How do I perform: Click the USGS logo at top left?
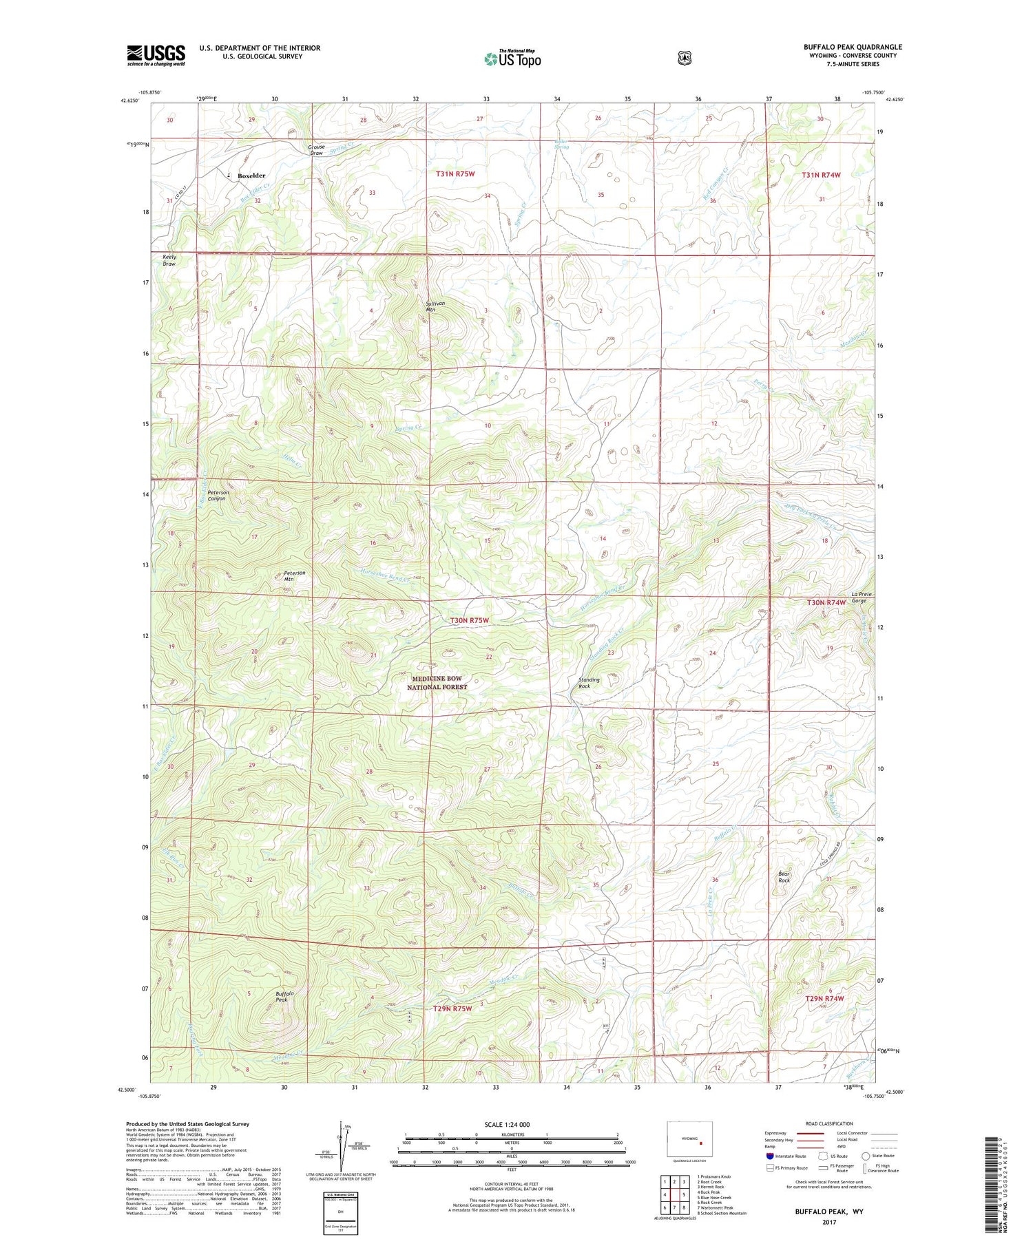pyautogui.click(x=156, y=55)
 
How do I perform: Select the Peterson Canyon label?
pyautogui.click(x=218, y=495)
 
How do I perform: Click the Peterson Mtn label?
pyautogui.click(x=294, y=575)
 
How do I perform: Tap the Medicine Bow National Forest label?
pyautogui.click(x=437, y=683)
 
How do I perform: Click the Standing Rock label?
pyautogui.click(x=589, y=683)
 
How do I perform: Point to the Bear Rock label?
pyautogui.click(x=784, y=877)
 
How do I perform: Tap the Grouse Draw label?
pyautogui.click(x=316, y=149)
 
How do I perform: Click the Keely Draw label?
pyautogui.click(x=169, y=260)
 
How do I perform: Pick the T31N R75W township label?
pyautogui.click(x=455, y=174)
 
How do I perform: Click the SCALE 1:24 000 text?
pyautogui.click(x=507, y=1124)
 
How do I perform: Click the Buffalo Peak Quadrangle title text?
pyautogui.click(x=852, y=47)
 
